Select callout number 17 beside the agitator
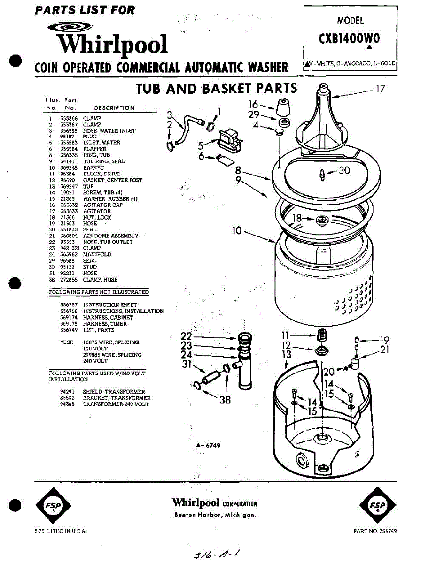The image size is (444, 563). click(380, 88)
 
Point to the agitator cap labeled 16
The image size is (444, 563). click(282, 107)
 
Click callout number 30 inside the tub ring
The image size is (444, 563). click(344, 170)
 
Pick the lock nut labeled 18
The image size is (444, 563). click(322, 219)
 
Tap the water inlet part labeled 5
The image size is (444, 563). click(229, 138)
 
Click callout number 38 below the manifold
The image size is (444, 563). click(225, 400)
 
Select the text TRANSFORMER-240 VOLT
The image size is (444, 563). click(116, 404)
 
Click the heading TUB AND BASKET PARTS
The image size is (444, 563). click(216, 88)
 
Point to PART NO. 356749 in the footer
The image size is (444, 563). click(375, 531)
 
